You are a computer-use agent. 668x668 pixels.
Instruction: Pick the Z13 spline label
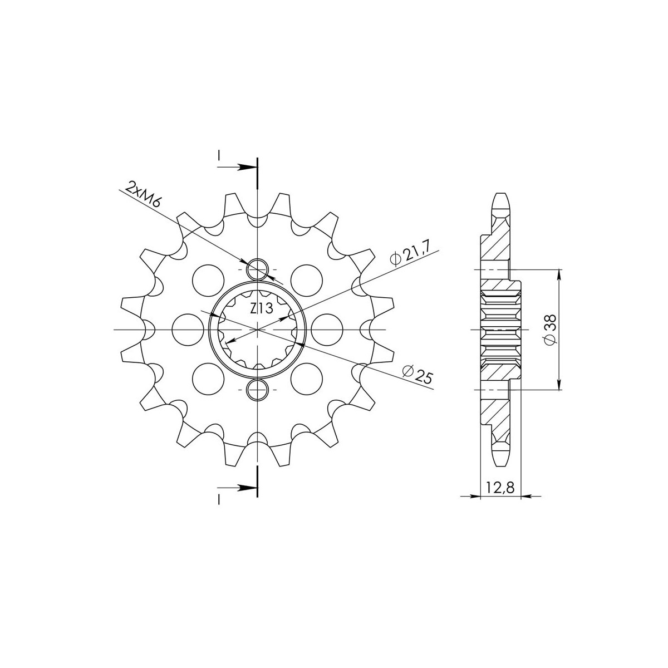click(262, 308)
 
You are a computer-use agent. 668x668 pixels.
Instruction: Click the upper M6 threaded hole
click(257, 269)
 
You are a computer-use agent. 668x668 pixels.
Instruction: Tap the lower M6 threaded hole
click(257, 390)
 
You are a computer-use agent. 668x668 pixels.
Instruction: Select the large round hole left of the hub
click(188, 330)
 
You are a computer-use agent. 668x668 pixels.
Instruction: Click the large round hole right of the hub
click(327, 330)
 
